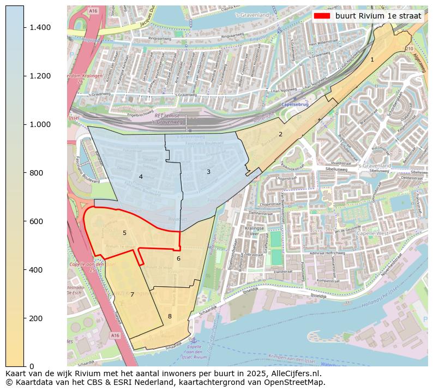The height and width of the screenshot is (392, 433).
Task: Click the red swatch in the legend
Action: point(322,16)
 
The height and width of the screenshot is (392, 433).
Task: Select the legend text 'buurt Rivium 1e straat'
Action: point(378,16)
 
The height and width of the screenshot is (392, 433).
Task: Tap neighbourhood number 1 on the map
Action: point(372,59)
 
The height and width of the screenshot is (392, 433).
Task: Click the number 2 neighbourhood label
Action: point(280,134)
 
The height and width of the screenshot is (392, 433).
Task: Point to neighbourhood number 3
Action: point(208,172)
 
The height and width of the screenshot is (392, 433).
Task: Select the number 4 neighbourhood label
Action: point(141,177)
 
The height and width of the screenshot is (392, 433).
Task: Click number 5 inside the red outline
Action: point(124,233)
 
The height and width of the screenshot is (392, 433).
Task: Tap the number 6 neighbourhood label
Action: point(178,258)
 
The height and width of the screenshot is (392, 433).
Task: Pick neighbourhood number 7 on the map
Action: point(132,294)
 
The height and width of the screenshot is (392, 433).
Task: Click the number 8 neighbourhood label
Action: point(170,316)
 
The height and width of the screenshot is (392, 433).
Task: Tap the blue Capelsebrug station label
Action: point(295,104)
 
